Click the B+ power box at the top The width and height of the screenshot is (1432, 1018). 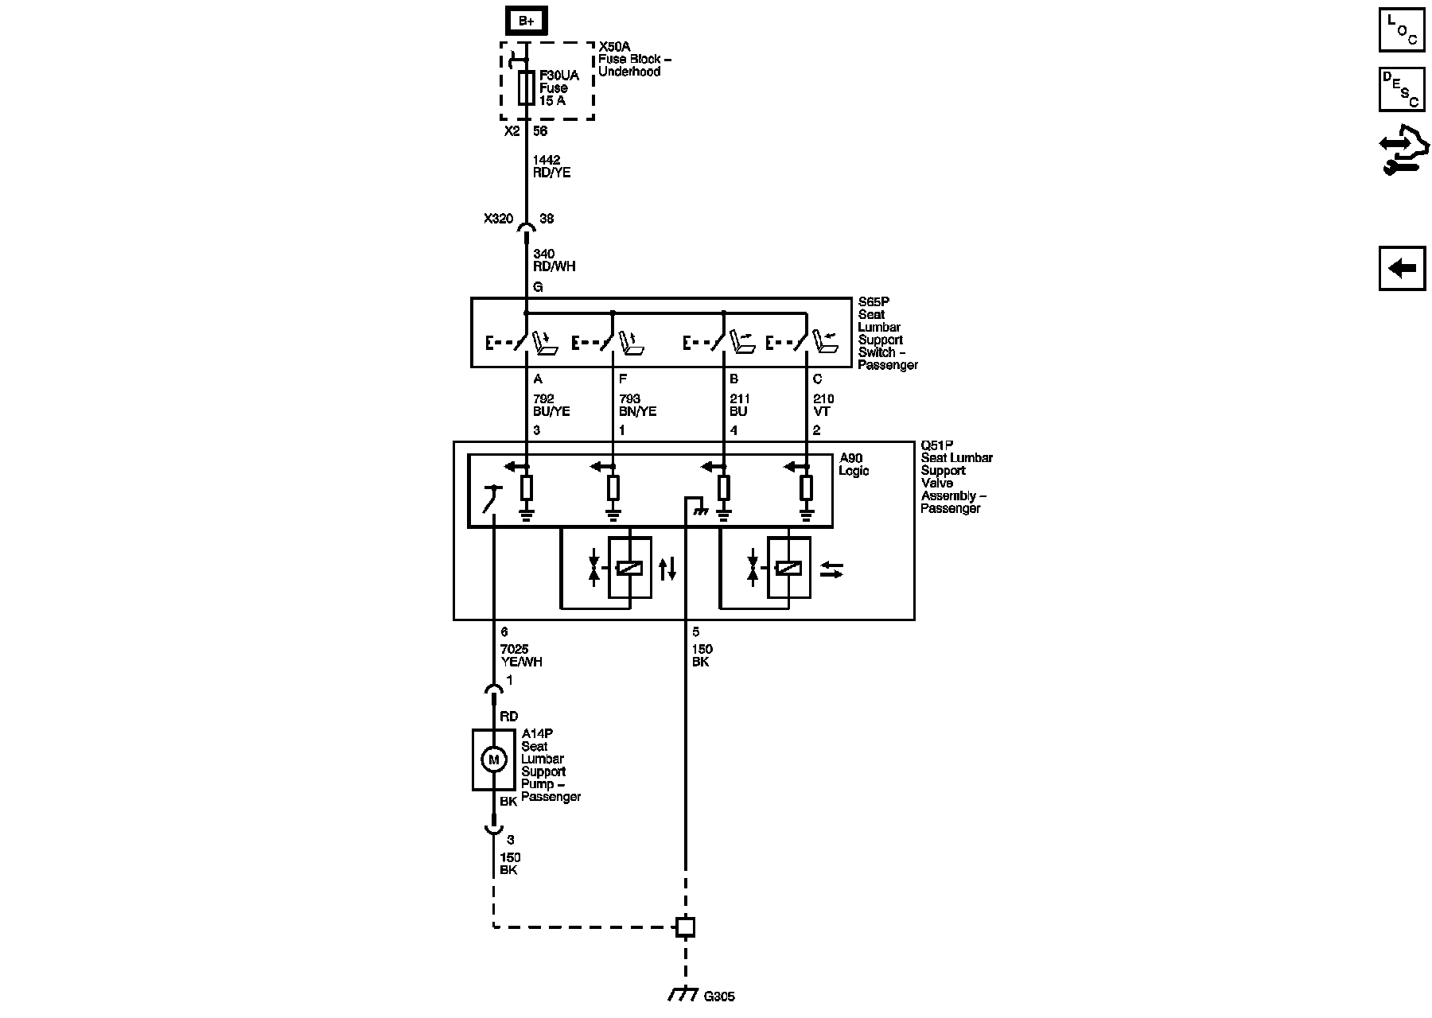click(x=526, y=21)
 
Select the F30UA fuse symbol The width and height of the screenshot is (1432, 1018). click(x=526, y=87)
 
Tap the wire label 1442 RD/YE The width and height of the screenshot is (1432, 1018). click(x=551, y=166)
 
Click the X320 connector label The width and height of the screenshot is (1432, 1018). click(x=498, y=219)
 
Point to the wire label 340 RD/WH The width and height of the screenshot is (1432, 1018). click(x=554, y=260)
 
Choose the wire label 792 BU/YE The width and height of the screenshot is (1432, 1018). click(x=551, y=405)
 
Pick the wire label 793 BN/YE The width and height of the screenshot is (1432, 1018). click(x=637, y=405)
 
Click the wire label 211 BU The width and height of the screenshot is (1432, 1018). click(x=739, y=405)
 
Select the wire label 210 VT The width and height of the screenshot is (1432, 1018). click(x=823, y=405)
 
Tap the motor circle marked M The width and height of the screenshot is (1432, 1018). click(x=493, y=760)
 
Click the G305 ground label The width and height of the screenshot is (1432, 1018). click(x=719, y=995)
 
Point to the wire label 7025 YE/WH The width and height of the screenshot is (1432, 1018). click(x=521, y=655)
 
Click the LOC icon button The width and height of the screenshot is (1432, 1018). click(x=1401, y=30)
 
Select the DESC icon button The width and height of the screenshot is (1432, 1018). click(x=1401, y=89)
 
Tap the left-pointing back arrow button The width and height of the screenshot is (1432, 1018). click(x=1402, y=268)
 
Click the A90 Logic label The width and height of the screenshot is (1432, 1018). click(x=854, y=464)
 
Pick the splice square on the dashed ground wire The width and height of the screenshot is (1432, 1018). click(x=685, y=927)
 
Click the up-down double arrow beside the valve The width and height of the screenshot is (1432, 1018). click(x=668, y=569)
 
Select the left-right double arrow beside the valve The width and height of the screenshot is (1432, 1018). click(x=831, y=569)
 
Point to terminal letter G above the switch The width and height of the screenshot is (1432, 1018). click(x=538, y=287)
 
